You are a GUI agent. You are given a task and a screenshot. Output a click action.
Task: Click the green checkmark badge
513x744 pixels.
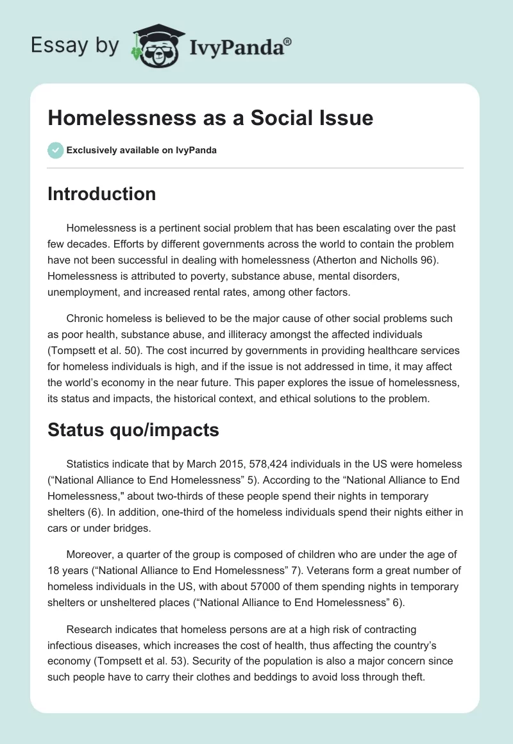click(x=55, y=150)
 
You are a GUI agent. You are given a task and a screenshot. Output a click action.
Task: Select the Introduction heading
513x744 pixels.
click(x=101, y=194)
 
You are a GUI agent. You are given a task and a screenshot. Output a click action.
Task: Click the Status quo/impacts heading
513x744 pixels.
click(x=133, y=430)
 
